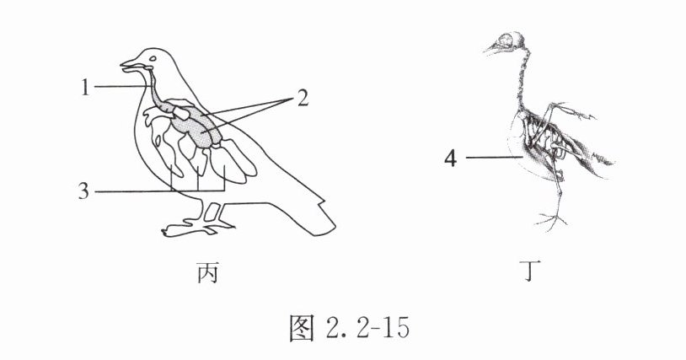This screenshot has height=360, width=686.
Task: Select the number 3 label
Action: tap(83, 191)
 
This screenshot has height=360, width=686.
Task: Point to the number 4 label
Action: tap(453, 158)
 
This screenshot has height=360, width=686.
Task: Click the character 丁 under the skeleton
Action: tap(528, 274)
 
